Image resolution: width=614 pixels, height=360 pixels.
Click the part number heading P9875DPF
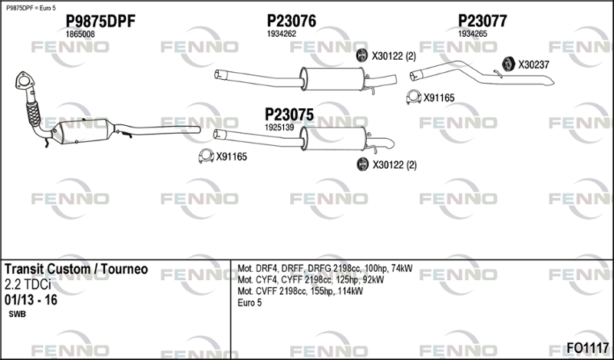[x=101, y=21]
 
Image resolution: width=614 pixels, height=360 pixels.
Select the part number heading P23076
[x=292, y=21]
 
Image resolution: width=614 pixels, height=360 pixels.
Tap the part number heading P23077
[x=483, y=21]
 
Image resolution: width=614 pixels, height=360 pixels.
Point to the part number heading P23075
[x=289, y=115]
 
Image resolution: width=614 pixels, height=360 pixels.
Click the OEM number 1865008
[x=80, y=34]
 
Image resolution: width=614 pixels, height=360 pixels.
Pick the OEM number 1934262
[x=282, y=34]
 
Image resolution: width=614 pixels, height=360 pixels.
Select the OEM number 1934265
[x=473, y=34]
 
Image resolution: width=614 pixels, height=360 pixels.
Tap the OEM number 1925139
[x=279, y=127]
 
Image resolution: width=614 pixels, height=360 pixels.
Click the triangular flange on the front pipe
[x=25, y=81]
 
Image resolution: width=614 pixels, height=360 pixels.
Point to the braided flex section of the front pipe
[x=33, y=114]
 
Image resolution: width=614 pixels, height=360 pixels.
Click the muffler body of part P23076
[x=332, y=79]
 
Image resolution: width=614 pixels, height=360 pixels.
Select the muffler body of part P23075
[x=334, y=138]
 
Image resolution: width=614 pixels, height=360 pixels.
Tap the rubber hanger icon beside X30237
[x=508, y=64]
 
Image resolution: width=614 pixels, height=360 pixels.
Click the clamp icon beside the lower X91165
[x=206, y=156]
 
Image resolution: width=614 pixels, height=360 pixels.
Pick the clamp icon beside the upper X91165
[x=414, y=97]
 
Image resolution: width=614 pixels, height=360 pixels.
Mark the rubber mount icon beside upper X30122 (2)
[x=362, y=55]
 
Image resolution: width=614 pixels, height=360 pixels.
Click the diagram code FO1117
[x=588, y=347]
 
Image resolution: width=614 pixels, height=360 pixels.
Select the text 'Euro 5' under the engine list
[x=249, y=302]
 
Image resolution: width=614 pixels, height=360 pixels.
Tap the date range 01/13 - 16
[x=31, y=300]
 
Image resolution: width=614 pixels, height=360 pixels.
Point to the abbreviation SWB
[x=17, y=314]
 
